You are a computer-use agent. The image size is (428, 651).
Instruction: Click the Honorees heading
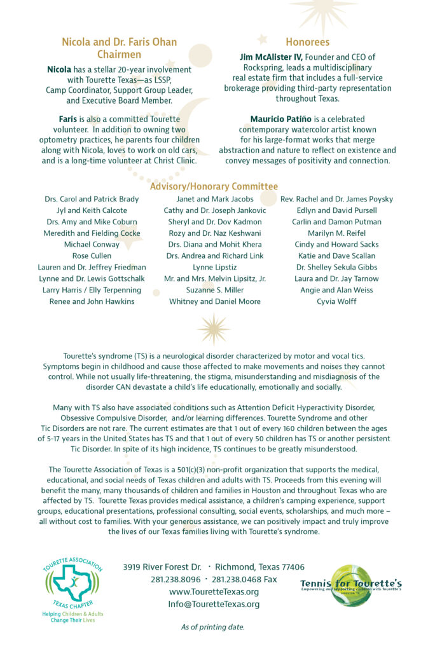click(x=307, y=42)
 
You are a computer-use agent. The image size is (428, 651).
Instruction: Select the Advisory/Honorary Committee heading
click(x=214, y=186)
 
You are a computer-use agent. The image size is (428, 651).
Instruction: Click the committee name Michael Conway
click(x=92, y=244)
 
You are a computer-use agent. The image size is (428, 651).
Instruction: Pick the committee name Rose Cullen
click(x=92, y=256)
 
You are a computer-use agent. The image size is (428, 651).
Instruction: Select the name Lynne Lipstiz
click(x=214, y=267)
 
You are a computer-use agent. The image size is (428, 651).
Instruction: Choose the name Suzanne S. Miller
click(x=214, y=290)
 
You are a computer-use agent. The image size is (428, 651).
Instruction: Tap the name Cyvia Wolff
click(x=336, y=301)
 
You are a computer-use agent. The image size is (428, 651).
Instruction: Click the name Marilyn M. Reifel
click(x=336, y=233)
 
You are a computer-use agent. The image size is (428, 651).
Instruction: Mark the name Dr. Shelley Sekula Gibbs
click(x=336, y=267)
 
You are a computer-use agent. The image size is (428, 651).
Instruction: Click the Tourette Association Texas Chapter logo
click(x=72, y=586)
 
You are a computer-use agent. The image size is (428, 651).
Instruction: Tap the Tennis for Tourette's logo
click(x=351, y=585)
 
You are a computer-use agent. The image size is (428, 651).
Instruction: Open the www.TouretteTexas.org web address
click(x=214, y=592)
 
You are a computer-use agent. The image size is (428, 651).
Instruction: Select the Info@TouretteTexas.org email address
click(x=214, y=604)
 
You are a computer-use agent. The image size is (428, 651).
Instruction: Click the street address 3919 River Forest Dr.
click(x=162, y=566)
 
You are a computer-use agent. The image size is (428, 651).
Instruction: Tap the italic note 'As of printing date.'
click(x=212, y=627)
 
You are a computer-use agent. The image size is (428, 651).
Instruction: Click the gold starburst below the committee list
click(x=213, y=328)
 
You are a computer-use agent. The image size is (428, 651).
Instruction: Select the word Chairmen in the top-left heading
click(x=119, y=55)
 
